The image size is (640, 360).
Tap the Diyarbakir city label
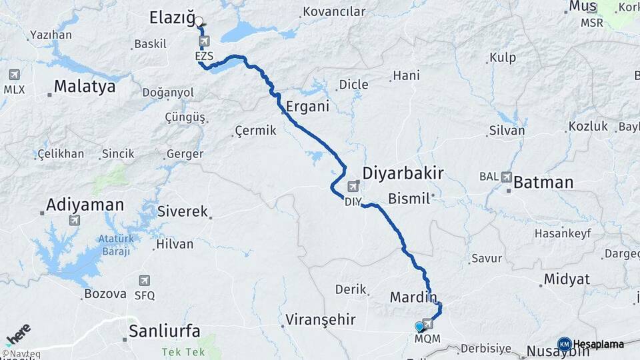403,173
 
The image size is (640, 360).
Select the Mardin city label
413,297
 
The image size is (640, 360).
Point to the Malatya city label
85,87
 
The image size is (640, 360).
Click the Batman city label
543,182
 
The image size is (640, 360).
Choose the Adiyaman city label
85,205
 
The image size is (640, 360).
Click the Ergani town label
307,107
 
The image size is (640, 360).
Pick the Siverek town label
183,211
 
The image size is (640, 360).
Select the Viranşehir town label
320,319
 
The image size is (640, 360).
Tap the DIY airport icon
353,187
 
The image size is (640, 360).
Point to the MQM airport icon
427,324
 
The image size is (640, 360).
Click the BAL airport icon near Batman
507,177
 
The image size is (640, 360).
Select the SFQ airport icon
145,281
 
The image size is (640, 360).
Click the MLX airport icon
14,75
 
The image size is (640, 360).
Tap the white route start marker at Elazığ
199,21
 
